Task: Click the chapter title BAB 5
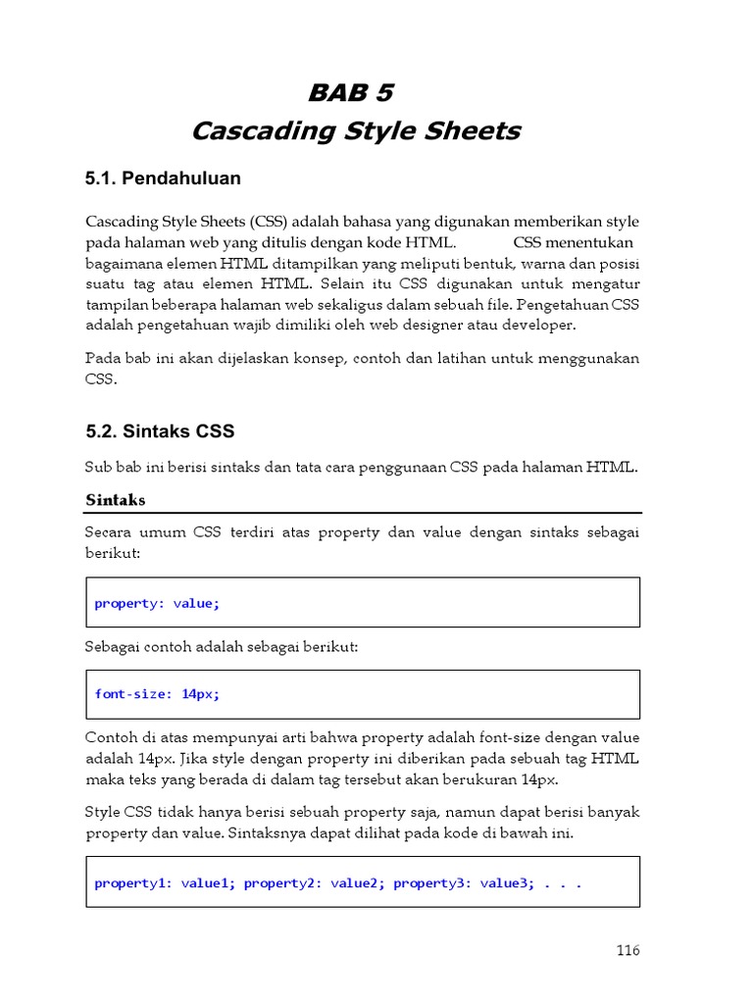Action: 350,93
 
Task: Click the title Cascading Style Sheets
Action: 356,130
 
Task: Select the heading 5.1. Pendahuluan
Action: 163,178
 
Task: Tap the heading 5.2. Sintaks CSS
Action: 160,431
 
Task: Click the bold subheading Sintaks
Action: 116,500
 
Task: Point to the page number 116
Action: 627,950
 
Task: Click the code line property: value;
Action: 157,603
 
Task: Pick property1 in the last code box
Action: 133,882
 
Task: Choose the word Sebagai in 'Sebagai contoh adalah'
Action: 113,647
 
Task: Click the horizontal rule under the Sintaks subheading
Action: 363,513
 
